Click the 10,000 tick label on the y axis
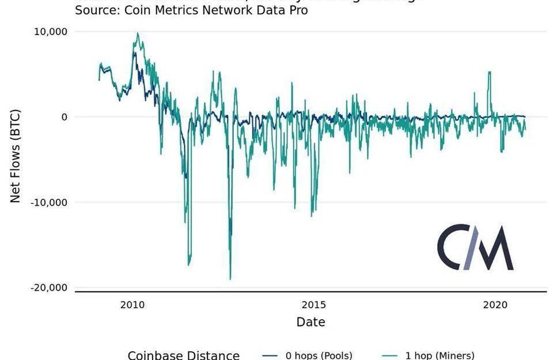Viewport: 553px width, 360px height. point(51,32)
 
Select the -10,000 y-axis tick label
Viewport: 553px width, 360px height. point(49,202)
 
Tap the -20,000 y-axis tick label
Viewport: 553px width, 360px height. point(49,287)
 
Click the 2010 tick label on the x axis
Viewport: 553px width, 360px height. point(132,304)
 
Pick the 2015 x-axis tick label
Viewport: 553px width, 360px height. point(313,304)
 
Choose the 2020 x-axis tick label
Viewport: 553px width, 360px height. point(494,304)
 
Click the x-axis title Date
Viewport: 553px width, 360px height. point(310,322)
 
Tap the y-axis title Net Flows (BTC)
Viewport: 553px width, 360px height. point(16,156)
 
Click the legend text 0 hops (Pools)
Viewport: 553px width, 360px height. point(319,355)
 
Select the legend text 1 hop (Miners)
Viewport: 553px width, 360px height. point(440,355)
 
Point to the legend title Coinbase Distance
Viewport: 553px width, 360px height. point(183,355)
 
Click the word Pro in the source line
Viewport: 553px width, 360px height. point(297,10)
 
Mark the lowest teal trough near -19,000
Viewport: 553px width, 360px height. point(230,279)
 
